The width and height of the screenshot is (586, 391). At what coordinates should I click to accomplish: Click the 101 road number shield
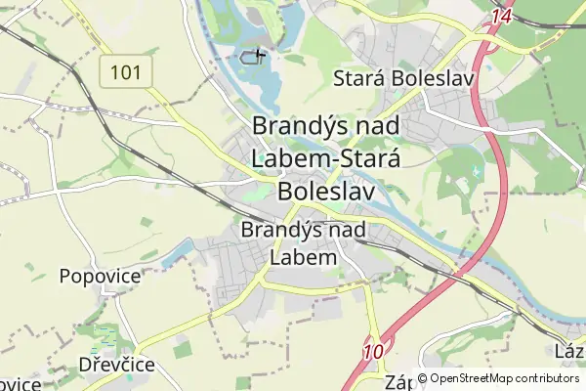pyautogui.click(x=125, y=71)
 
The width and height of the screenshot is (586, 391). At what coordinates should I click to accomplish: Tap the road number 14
pyautogui.click(x=502, y=16)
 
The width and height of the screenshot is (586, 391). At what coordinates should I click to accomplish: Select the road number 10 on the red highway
pyautogui.click(x=373, y=352)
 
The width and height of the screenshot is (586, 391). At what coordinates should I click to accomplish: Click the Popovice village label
pyautogui.click(x=100, y=276)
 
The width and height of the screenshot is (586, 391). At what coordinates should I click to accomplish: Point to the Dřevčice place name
pyautogui.click(x=117, y=365)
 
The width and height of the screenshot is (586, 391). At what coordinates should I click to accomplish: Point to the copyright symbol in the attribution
pyautogui.click(x=422, y=379)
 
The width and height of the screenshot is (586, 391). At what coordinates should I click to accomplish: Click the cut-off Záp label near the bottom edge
pyautogui.click(x=398, y=381)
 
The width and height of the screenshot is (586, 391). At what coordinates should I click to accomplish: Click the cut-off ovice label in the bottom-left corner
pyautogui.click(x=20, y=383)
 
